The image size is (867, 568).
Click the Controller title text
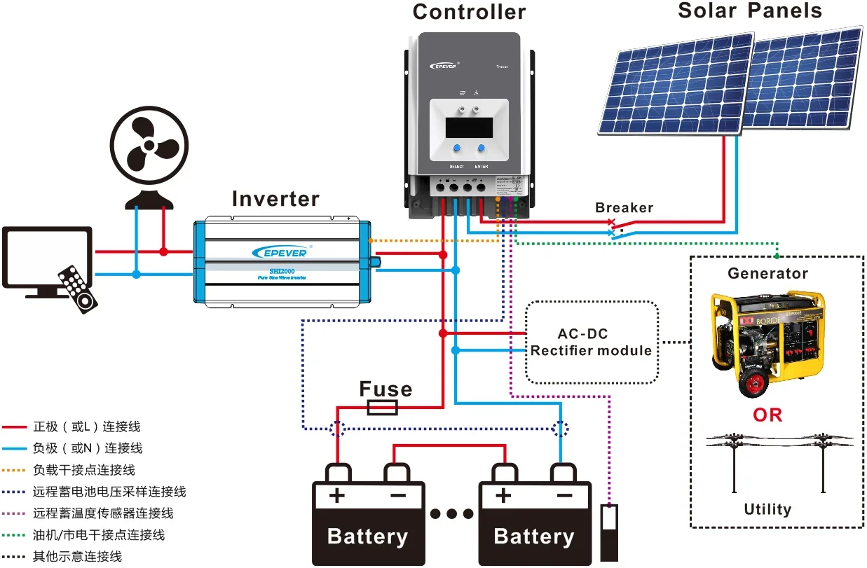click(469, 12)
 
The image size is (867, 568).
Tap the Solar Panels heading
click(750, 11)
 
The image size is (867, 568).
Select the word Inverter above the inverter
click(275, 199)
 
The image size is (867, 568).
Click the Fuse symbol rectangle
click(383, 408)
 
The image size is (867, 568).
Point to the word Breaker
click(624, 208)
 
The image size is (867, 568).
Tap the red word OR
click(767, 415)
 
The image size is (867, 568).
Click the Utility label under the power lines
click(767, 509)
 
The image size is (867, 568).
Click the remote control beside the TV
click(77, 288)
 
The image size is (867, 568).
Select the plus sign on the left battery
click(337, 496)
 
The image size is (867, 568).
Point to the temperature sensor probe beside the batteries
click(610, 532)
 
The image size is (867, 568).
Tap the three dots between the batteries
click(452, 515)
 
